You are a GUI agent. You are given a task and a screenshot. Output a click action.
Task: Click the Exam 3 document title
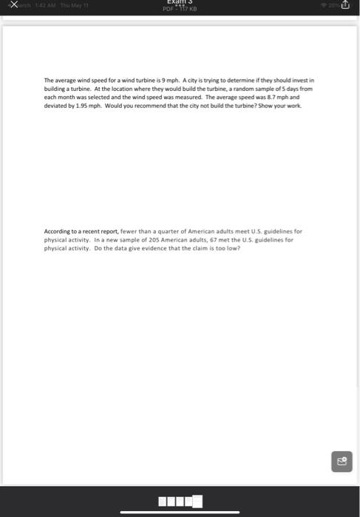[x=180, y=4]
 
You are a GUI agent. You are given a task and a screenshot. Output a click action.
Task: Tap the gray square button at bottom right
[x=343, y=462]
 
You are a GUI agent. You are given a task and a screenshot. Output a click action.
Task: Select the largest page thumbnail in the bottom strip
[x=197, y=502]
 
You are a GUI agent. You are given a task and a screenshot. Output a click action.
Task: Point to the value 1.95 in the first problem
[x=82, y=106]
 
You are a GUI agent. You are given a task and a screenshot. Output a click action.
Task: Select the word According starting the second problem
[x=58, y=232]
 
